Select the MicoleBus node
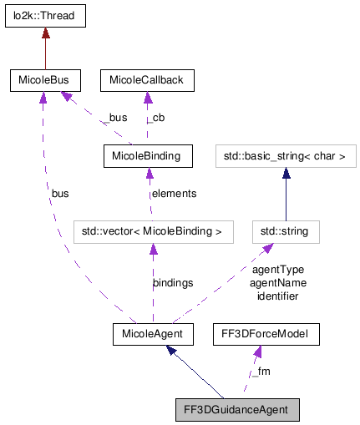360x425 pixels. click(45, 81)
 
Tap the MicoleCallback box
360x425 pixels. click(147, 81)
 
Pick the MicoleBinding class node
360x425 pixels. click(147, 155)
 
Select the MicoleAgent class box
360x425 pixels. click(153, 335)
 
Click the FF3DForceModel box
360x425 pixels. click(265, 335)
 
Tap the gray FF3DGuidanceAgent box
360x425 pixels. click(236, 410)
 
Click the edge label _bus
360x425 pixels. click(115, 119)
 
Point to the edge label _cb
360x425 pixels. click(156, 119)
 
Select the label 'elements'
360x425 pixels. click(173, 194)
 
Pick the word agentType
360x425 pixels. click(277, 270)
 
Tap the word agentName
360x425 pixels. click(278, 283)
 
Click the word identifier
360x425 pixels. click(278, 296)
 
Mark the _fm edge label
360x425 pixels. click(261, 372)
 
